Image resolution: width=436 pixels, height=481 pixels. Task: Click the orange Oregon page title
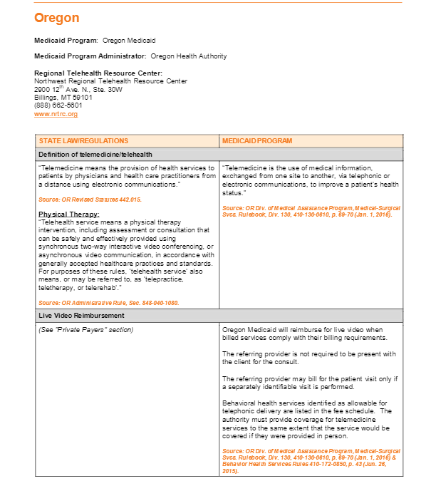(x=56, y=18)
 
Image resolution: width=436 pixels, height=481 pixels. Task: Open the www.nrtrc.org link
(x=56, y=114)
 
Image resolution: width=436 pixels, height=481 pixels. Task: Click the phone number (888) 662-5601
(x=58, y=105)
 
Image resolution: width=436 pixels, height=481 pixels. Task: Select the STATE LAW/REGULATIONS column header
(x=83, y=141)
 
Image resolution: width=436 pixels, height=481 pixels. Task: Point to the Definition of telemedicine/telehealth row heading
(x=95, y=154)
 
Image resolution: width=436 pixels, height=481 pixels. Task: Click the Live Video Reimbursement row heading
(x=81, y=315)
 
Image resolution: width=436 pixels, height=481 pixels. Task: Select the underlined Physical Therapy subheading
(x=68, y=214)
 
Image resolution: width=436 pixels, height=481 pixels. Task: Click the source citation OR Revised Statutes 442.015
(x=90, y=200)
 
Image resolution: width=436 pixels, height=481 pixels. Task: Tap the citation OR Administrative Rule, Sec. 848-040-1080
(x=108, y=302)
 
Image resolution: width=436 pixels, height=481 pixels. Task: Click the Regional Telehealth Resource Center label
(x=98, y=73)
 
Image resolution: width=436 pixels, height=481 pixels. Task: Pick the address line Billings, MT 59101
(x=63, y=98)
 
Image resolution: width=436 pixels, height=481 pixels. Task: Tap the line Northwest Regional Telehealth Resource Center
(x=110, y=81)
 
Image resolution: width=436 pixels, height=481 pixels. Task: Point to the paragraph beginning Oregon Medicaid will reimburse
(x=303, y=333)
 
